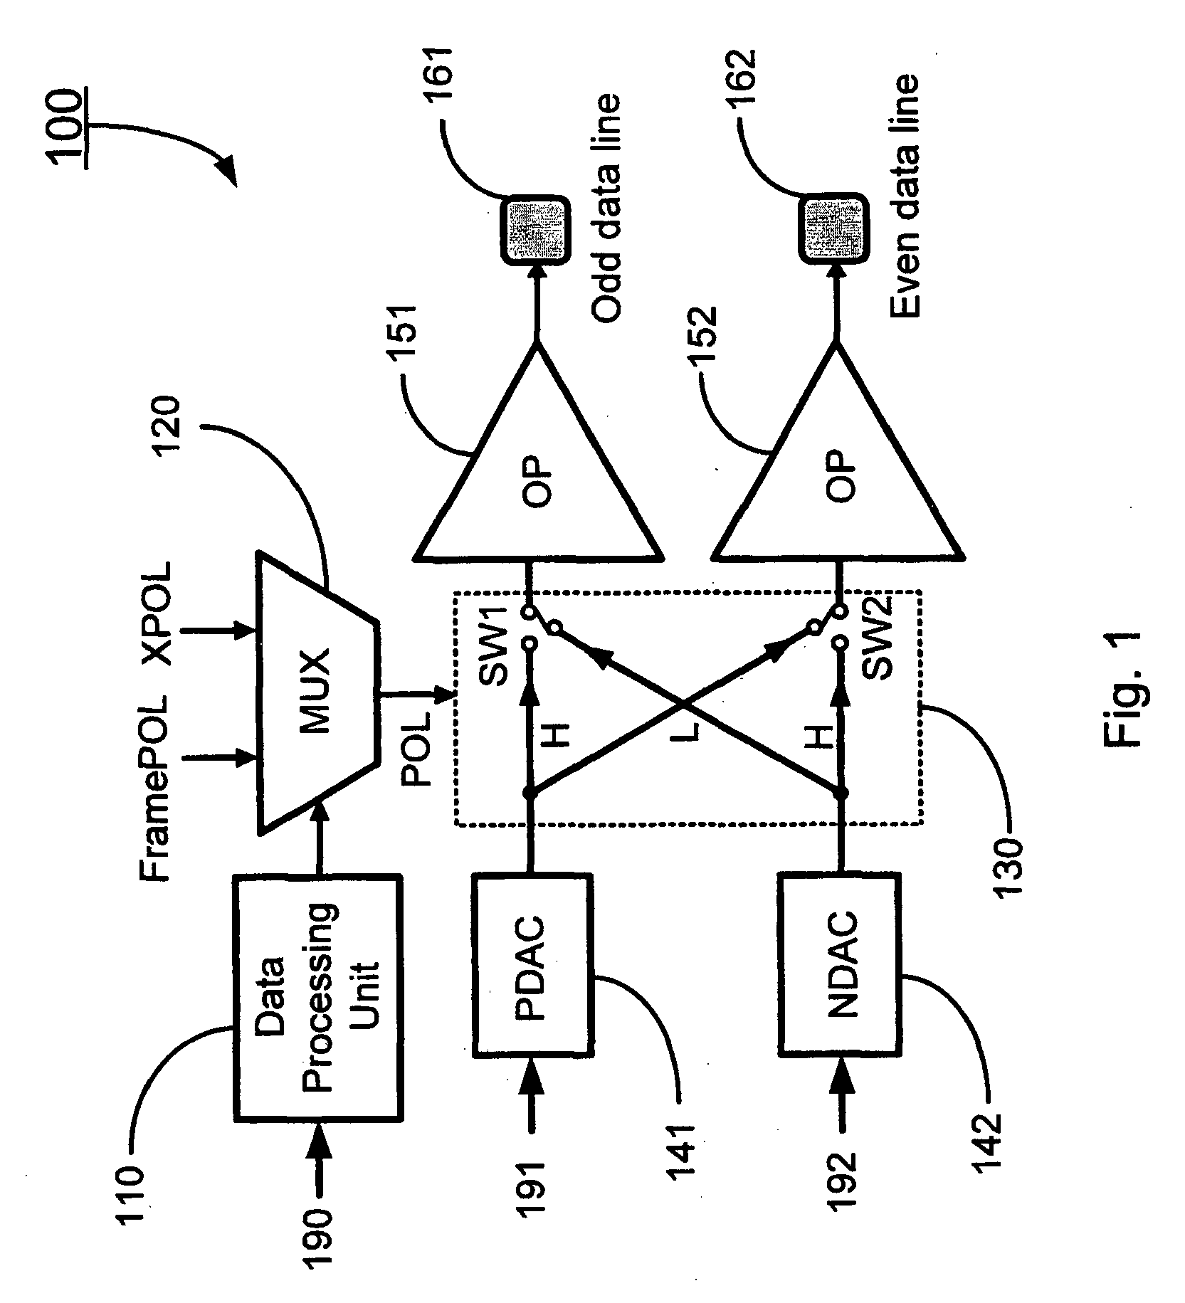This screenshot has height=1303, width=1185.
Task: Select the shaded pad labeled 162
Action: (834, 233)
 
